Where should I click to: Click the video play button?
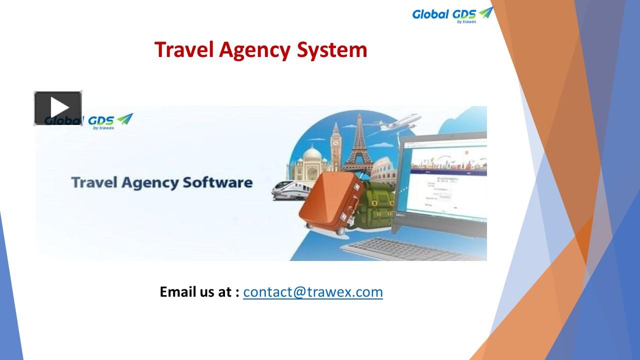(58, 108)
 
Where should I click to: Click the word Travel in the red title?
(183, 50)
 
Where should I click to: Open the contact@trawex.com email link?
(313, 291)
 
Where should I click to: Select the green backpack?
(377, 205)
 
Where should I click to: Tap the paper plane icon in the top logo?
(485, 12)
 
